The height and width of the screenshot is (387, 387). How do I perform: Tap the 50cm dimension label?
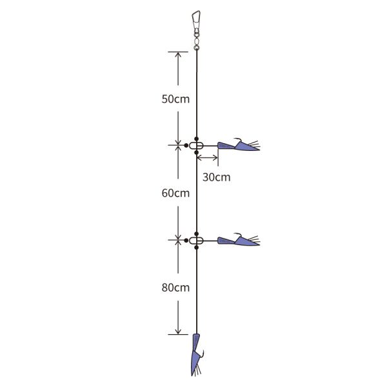point(175,99)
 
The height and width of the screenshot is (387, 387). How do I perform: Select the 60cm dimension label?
point(175,193)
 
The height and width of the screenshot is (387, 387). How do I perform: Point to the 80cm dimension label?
point(175,288)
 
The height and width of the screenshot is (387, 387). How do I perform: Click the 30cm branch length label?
point(217,177)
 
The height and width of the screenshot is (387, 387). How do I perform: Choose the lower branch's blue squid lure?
point(239,241)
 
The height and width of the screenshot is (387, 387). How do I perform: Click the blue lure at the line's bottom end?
point(197,354)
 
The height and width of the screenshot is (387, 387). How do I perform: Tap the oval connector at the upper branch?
point(196,146)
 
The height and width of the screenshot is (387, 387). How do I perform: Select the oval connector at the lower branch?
point(196,241)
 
